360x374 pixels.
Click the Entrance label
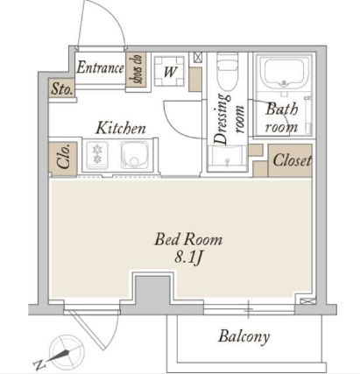(100, 67)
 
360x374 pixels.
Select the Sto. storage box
(61, 88)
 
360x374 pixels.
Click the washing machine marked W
(169, 72)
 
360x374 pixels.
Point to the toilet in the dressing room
(228, 71)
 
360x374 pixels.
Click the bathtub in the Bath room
(286, 73)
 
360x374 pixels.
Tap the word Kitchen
(121, 128)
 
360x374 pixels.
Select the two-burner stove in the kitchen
(96, 154)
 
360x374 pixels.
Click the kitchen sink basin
(135, 155)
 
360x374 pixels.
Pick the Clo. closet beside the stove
(63, 159)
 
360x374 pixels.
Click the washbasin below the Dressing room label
(227, 158)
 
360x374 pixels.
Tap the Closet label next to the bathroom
(292, 160)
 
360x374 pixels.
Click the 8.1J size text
(188, 258)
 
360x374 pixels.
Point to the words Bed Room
(188, 240)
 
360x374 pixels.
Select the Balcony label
(244, 336)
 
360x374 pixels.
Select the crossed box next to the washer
(198, 57)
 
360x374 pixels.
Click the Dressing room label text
(229, 119)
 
